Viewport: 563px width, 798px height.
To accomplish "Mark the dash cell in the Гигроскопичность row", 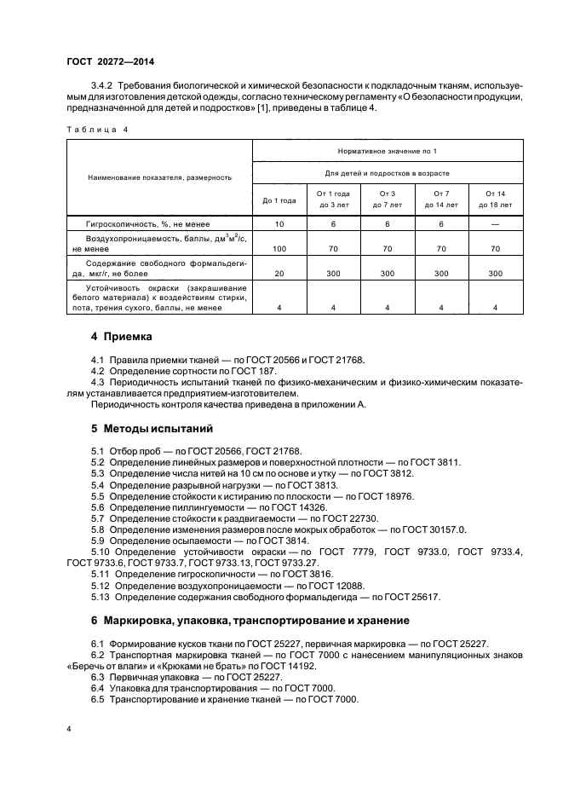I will coord(495,223).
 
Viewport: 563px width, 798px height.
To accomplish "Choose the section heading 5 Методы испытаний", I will coord(140,428).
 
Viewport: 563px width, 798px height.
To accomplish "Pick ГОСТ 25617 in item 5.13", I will coord(410,597).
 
